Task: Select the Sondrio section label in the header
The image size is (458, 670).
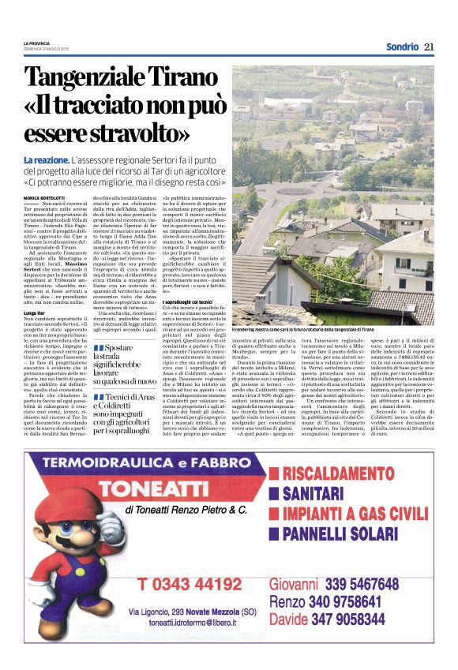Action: click(402, 47)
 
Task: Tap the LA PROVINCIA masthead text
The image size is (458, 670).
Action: click(36, 43)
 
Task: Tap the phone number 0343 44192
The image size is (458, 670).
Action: click(189, 585)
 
